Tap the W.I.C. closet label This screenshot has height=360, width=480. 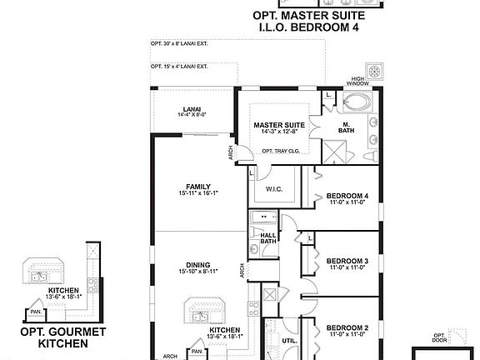pyautogui.click(x=276, y=189)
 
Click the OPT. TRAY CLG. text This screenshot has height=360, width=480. pyautogui.click(x=280, y=151)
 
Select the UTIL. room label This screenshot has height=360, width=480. pyautogui.click(x=290, y=341)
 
